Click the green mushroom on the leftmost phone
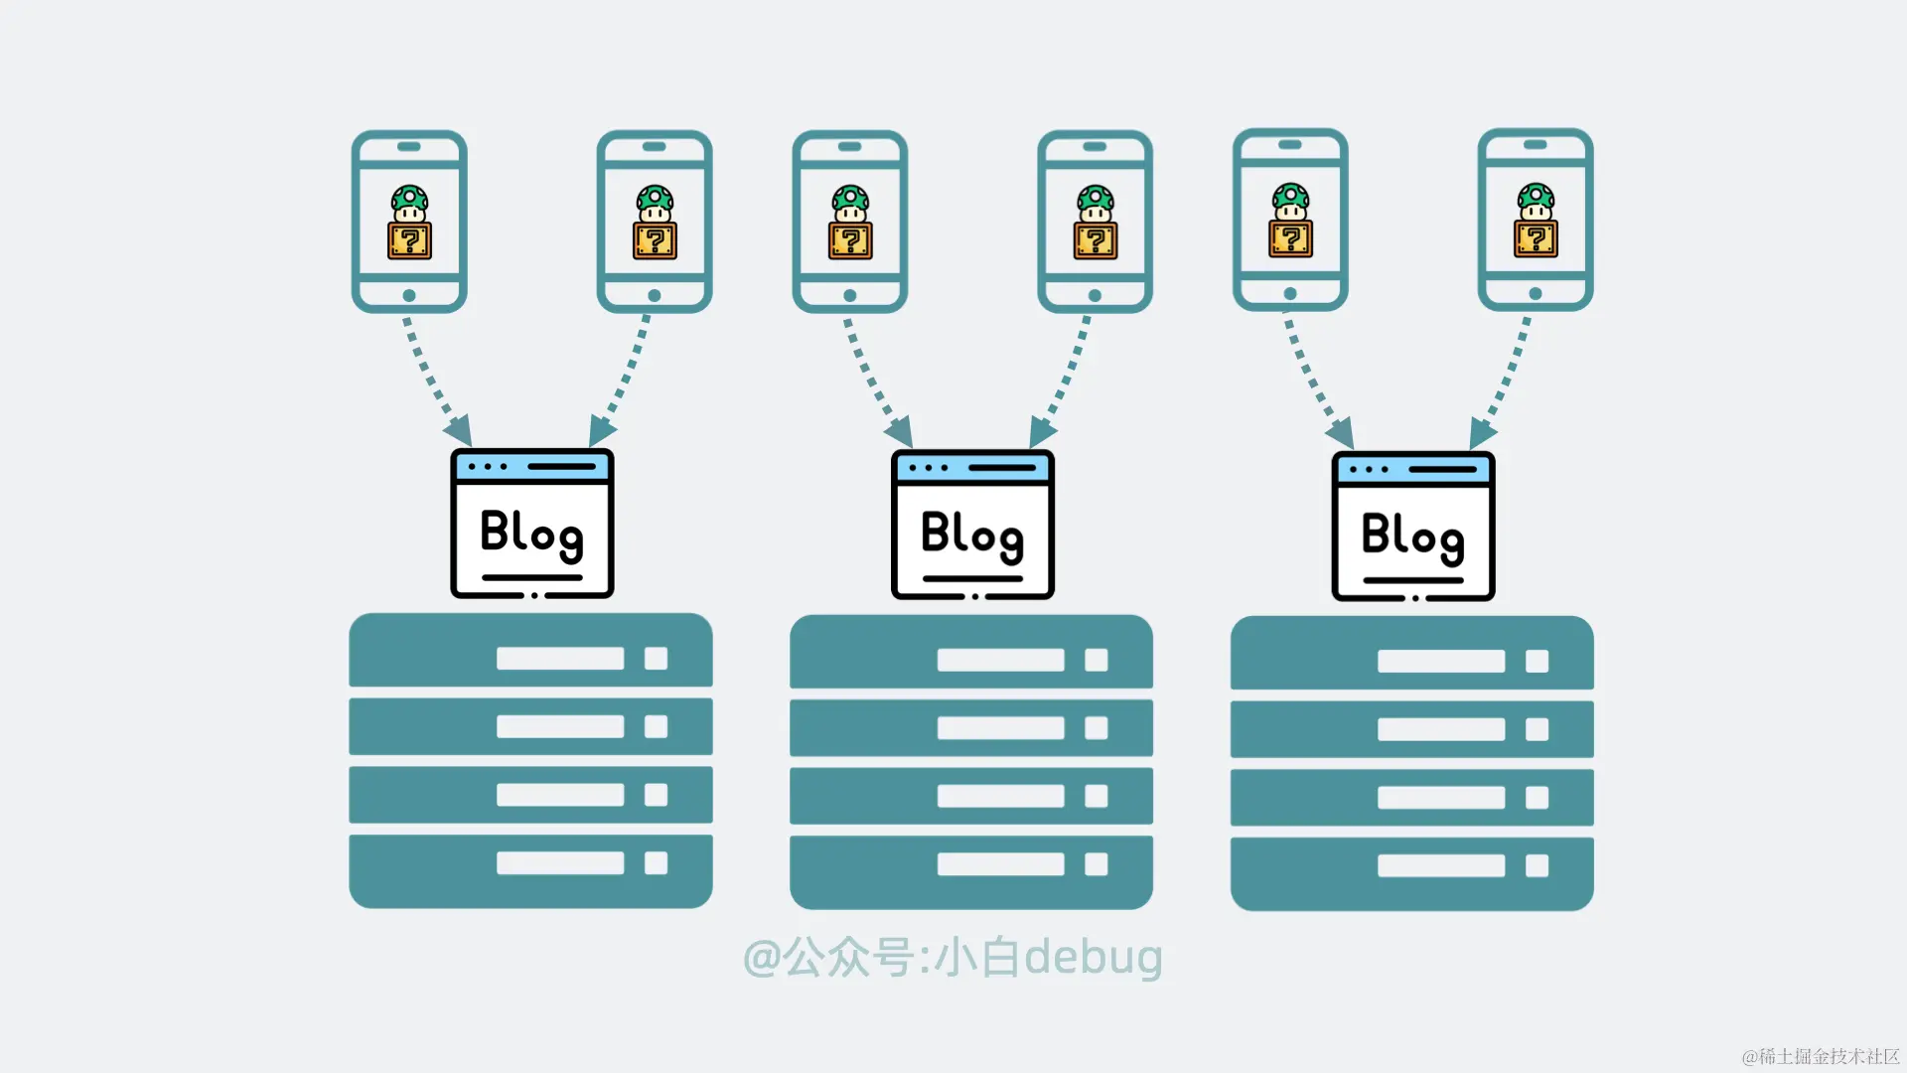point(409,204)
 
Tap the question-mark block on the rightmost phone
point(1536,239)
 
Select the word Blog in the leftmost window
point(531,534)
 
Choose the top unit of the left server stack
point(530,651)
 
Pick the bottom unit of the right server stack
point(1411,872)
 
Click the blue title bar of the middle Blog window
point(971,467)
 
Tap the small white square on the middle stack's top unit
point(1096,661)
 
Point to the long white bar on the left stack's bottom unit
point(560,862)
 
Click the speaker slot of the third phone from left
point(849,146)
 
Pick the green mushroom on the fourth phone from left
point(1095,203)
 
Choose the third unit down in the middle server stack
point(970,796)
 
